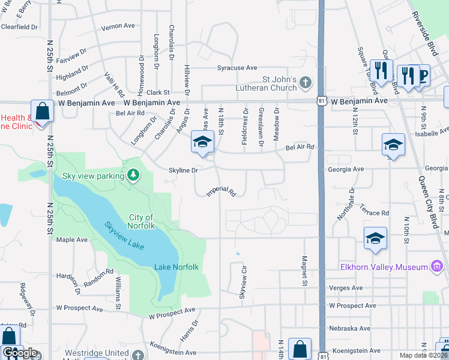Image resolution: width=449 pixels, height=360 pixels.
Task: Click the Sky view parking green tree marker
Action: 133,175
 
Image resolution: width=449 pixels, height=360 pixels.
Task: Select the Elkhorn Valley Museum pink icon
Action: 437,266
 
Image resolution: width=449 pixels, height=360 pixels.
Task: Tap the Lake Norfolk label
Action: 176,266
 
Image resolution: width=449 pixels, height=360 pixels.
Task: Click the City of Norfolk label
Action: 141,221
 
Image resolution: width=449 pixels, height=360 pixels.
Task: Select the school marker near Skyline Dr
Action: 202,142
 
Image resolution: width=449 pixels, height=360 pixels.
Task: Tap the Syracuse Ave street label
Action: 237,68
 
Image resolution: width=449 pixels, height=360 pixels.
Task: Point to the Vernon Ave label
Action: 118,26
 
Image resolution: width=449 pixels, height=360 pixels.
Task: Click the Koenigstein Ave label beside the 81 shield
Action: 355,350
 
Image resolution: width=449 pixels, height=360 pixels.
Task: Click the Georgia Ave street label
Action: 346,170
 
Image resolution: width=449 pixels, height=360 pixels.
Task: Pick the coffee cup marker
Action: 422,75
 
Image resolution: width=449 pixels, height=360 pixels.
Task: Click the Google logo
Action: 20,353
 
